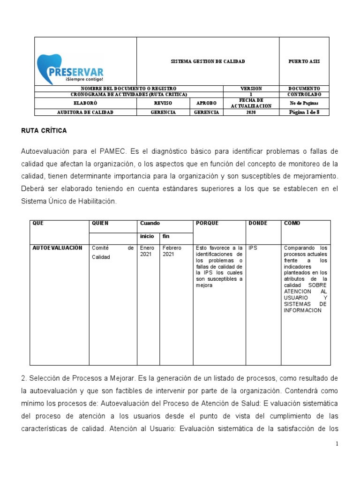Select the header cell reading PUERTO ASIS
coord(304,61)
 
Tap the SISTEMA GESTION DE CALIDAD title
coord(208,61)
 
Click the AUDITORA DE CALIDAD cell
coord(85,112)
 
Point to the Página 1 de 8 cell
coord(304,112)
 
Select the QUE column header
coord(38,223)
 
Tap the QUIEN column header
coord(100,223)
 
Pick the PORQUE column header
coord(208,223)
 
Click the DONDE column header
coord(258,223)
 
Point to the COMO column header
coord(292,223)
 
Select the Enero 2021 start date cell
coord(147,251)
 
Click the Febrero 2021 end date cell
coord(172,251)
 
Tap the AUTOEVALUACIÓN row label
coord(58,247)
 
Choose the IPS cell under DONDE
coord(253,247)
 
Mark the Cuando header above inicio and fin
coord(150,223)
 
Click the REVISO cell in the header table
coord(163,103)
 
